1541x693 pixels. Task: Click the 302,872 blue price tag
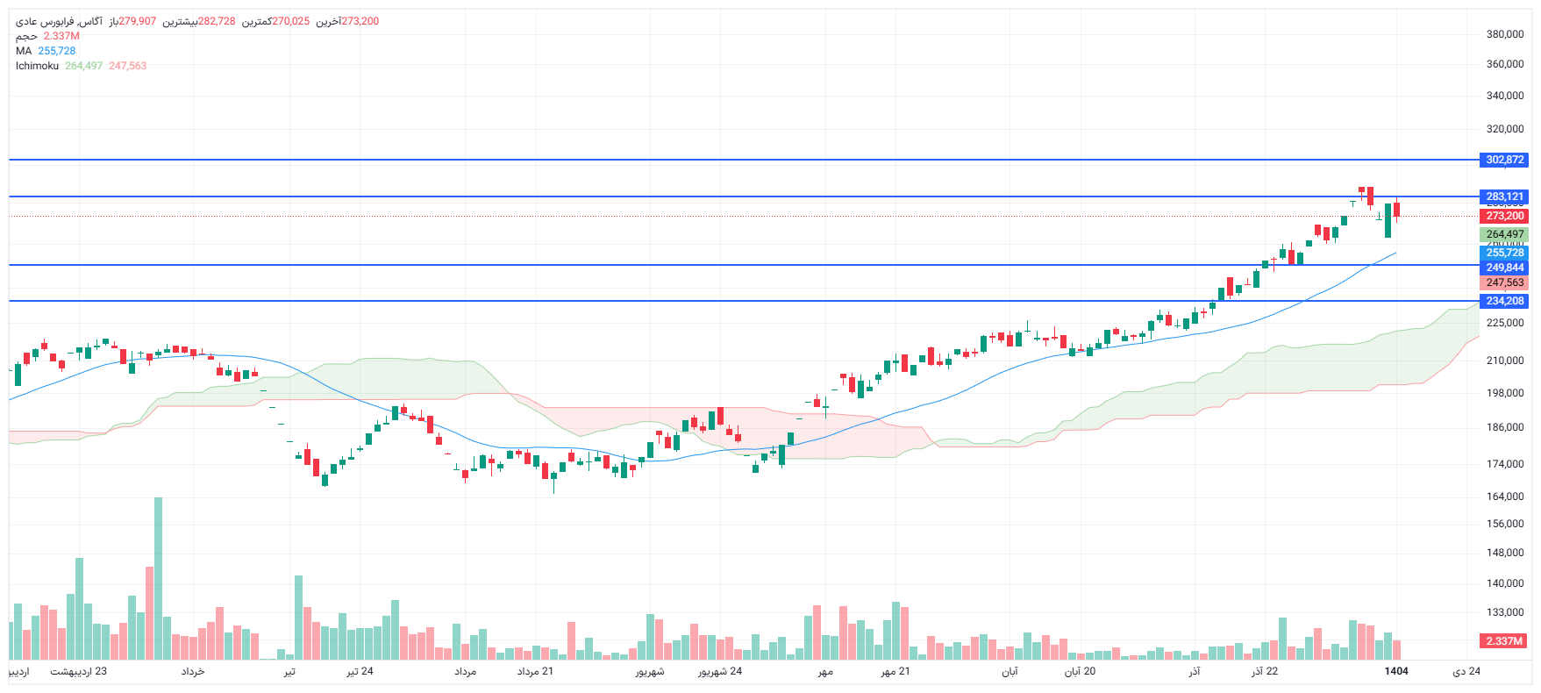tap(1504, 160)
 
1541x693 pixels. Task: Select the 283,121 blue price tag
tap(1504, 196)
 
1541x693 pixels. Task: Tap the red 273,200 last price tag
tap(1504, 216)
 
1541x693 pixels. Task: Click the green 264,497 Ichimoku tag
tap(1504, 234)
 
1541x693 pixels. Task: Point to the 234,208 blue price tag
tap(1504, 301)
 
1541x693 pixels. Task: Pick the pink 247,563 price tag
tap(1504, 282)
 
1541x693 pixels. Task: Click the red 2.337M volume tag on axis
tap(1503, 641)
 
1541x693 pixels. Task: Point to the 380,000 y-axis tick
tap(1504, 34)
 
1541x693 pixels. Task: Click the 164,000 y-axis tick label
tap(1504, 497)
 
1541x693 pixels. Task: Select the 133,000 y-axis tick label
tap(1504, 612)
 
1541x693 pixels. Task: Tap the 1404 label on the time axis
tap(1396, 671)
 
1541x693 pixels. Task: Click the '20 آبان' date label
tap(1080, 671)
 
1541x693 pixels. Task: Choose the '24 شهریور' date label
tap(720, 671)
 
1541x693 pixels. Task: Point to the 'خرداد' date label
tap(193, 671)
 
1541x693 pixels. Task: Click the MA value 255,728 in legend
tap(57, 51)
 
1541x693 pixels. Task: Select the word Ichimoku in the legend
tap(37, 66)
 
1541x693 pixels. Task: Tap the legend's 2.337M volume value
tap(61, 36)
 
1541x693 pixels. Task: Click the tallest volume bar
tap(159, 579)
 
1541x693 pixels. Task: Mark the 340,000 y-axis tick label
tap(1504, 96)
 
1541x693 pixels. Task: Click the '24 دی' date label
tap(1466, 671)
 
